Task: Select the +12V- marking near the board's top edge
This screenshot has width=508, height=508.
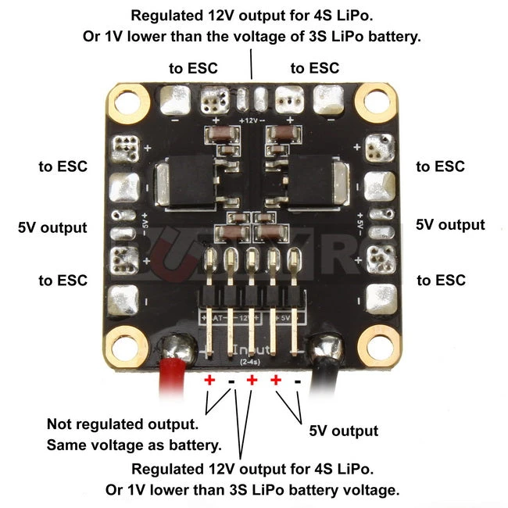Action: click(251, 120)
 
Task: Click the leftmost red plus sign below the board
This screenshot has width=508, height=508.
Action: click(209, 380)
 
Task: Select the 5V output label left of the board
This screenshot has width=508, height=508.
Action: click(52, 228)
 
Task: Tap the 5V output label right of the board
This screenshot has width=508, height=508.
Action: click(450, 225)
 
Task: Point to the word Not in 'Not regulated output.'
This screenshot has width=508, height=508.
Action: click(60, 424)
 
